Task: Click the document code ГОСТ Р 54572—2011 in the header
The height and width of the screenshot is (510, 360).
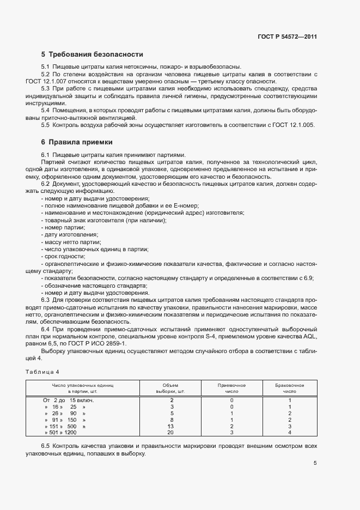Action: point(287,37)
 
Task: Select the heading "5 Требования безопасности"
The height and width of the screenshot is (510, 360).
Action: point(92,54)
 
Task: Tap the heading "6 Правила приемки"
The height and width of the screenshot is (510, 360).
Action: point(77,142)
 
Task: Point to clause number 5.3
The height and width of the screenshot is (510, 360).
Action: point(45,88)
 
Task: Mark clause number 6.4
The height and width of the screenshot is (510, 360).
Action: point(45,330)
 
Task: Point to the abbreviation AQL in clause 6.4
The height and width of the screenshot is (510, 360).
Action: point(323,337)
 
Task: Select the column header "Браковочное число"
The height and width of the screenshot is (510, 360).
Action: point(290,388)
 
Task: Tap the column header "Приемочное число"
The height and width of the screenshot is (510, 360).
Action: point(231,388)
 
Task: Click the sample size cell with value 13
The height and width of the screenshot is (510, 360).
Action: point(170,426)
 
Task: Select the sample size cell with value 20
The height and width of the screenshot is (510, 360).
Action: point(170,433)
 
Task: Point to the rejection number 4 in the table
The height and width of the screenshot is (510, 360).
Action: point(290,433)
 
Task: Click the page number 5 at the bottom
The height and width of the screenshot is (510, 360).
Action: point(315,464)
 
